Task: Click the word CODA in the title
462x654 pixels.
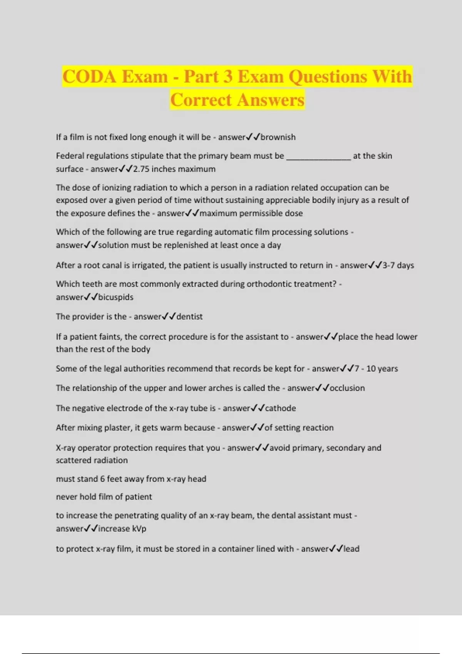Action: tap(89, 77)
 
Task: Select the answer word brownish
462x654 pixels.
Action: tap(278, 137)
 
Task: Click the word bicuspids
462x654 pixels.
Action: tap(115, 297)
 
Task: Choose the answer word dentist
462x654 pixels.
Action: tap(189, 317)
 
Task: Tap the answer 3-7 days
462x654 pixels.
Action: tap(398, 265)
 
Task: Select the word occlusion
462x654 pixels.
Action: tap(347, 388)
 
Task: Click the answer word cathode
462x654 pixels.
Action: tap(280, 408)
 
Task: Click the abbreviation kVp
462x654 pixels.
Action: tap(139, 529)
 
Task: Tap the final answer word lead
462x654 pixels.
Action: tap(352, 549)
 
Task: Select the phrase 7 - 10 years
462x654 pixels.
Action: tap(376, 369)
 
